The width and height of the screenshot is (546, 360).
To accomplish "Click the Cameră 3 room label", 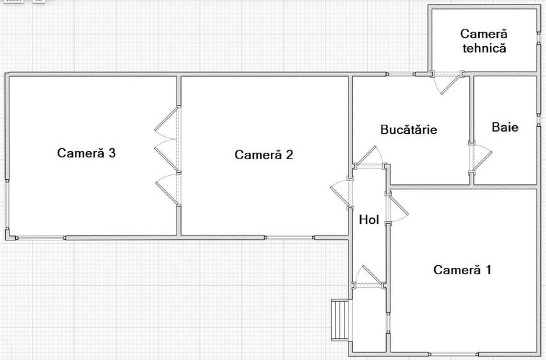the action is coord(86,153).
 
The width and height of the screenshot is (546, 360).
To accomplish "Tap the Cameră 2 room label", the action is coord(264,155).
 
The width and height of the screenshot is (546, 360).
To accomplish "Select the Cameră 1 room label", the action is coord(462,269).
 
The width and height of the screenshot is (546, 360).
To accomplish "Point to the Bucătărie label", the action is coord(409,130).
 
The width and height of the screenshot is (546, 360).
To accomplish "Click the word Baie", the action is coord(505,127).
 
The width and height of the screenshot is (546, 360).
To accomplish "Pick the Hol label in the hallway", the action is coord(369,220).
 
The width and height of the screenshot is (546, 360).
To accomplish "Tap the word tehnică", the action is coord(484,48).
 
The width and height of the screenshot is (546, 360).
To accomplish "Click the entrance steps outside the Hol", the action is coord(340,320).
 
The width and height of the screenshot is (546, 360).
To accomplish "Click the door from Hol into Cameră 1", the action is coord(396,208).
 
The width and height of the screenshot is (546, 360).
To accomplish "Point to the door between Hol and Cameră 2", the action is coord(341,193).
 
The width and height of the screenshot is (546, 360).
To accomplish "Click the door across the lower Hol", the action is coord(369,277).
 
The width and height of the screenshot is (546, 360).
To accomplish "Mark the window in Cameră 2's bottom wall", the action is coord(290,238).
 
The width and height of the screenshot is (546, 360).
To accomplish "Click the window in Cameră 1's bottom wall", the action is coord(453,354).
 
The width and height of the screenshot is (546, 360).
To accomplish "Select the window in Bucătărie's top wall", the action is coord(401,74).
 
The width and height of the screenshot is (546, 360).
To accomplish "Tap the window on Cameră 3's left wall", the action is coord(7,205).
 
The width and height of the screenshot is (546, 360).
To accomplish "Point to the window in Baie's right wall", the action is coord(538,120).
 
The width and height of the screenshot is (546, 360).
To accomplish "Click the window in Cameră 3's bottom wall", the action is coord(41,238).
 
